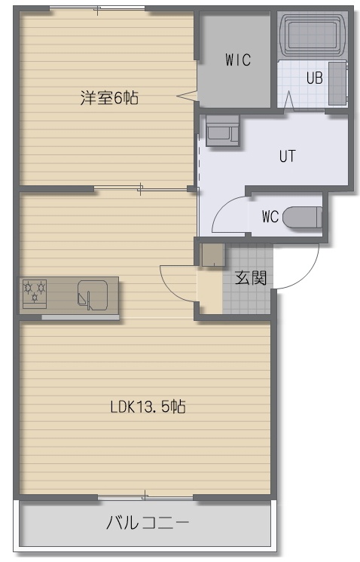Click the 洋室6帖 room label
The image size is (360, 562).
point(109,97)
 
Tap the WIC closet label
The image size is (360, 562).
point(238,60)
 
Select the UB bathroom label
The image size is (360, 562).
point(315,78)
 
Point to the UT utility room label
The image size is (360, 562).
point(287,156)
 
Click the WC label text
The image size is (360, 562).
point(270,216)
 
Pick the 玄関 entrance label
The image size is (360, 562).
point(251,277)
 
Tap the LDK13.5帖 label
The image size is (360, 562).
point(148,407)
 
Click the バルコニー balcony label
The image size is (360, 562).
point(148,523)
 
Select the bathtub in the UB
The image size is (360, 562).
point(313,35)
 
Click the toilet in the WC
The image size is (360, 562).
point(303,217)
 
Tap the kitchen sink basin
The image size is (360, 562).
point(93,295)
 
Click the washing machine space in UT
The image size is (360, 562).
point(222,131)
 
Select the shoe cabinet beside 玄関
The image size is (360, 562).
point(213,255)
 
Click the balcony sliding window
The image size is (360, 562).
point(145,497)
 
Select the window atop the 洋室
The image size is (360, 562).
point(97,8)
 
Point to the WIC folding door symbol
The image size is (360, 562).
point(187,96)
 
